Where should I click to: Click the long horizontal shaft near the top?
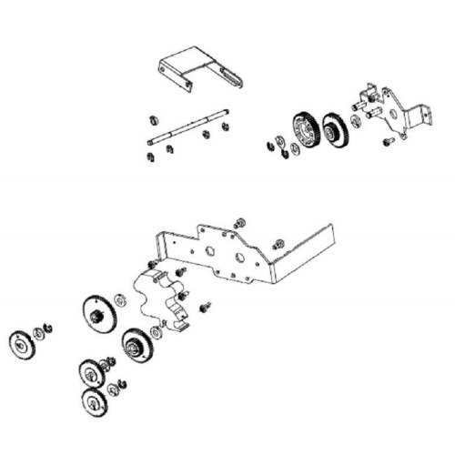[187, 127]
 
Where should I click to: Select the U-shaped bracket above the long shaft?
[196, 68]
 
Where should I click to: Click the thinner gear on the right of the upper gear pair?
[334, 129]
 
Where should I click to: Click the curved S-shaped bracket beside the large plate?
[164, 296]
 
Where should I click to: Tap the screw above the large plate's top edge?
[238, 222]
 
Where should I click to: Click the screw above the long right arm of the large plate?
[278, 243]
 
